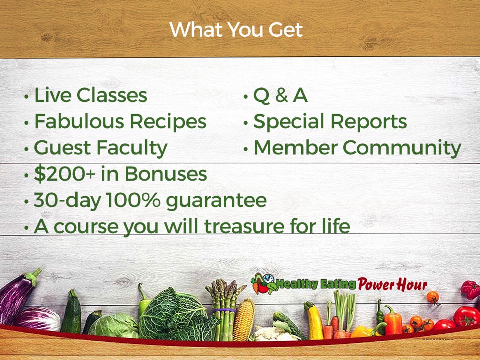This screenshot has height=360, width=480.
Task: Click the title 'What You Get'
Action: (x=236, y=30)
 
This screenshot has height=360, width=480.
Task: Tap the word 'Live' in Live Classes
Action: (x=52, y=95)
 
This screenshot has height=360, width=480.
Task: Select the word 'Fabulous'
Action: (x=79, y=121)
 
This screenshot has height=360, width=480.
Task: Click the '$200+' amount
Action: (x=65, y=174)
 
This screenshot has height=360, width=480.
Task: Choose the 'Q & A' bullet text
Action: (x=280, y=96)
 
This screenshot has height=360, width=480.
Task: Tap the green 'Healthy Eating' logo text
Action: (x=316, y=284)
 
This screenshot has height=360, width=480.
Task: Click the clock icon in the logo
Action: (x=268, y=279)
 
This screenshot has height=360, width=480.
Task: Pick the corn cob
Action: (x=244, y=320)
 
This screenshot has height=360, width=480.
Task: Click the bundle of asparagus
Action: (x=225, y=309)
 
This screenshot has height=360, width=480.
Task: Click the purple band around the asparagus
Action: (x=224, y=310)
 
